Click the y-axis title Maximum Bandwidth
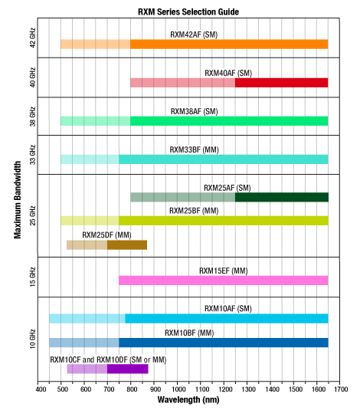coord(17,198)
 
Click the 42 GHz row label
coord(30,39)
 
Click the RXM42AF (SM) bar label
coord(194,34)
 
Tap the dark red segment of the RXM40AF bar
coord(281,83)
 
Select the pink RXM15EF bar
coord(223,280)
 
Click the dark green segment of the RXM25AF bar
coord(281,197)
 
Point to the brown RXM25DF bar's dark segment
coord(126,245)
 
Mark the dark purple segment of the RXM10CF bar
coord(127,369)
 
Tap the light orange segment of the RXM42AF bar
coord(95,44)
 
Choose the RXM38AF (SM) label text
coord(194,110)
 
